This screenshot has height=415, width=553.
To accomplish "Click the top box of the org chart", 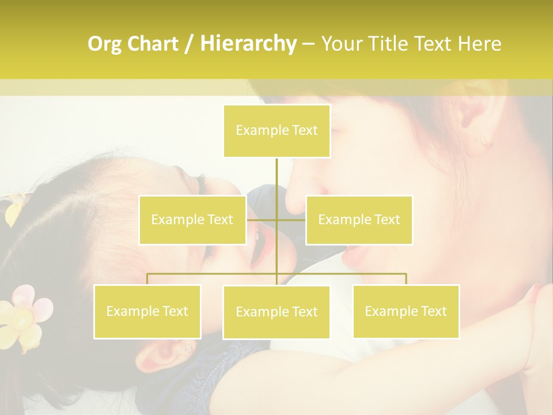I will pyautogui.click(x=276, y=131).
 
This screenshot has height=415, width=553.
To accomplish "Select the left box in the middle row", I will pyautogui.click(x=192, y=220).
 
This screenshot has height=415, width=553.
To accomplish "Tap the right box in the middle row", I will pyautogui.click(x=359, y=220).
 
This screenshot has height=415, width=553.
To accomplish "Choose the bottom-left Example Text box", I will pyautogui.click(x=147, y=311).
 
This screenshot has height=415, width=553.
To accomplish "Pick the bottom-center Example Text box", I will pyautogui.click(x=276, y=312).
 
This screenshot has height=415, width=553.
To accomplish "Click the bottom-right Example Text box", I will pyautogui.click(x=406, y=311).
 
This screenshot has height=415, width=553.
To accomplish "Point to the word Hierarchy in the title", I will pyautogui.click(x=248, y=44).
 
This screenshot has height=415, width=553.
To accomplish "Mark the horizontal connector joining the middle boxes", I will pyautogui.click(x=276, y=220).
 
